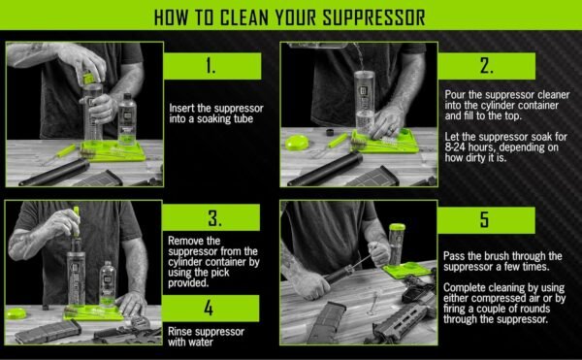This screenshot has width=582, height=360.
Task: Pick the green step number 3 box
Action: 211,216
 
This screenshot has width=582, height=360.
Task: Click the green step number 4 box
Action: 211,309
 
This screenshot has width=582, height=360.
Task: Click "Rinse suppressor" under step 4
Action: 207,332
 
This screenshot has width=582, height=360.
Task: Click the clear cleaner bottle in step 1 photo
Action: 126,116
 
